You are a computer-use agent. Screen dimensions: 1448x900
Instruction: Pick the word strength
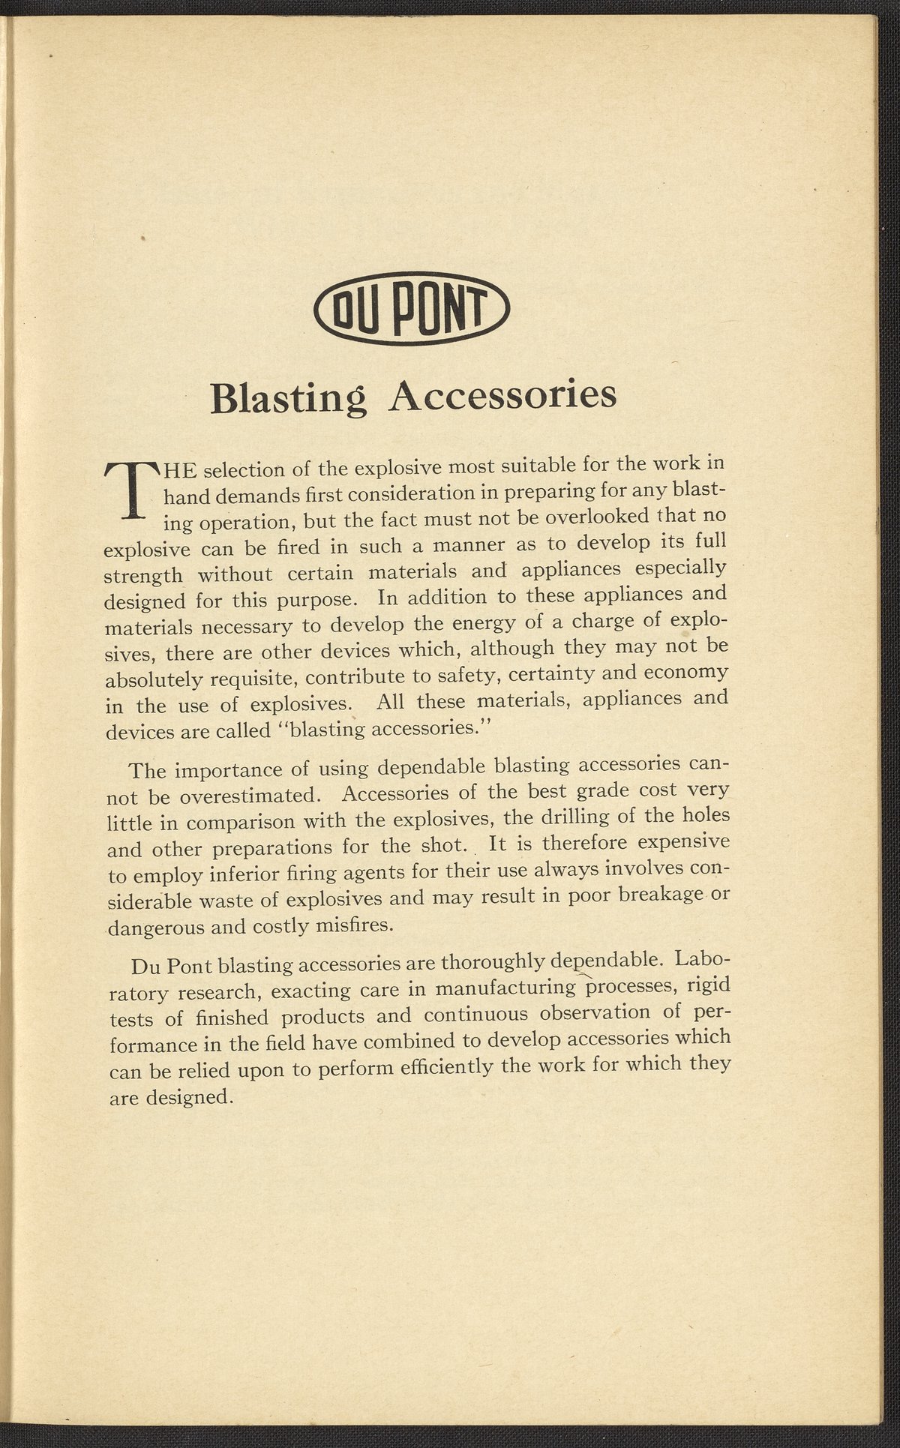(142, 576)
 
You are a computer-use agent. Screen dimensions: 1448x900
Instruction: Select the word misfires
(354, 925)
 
